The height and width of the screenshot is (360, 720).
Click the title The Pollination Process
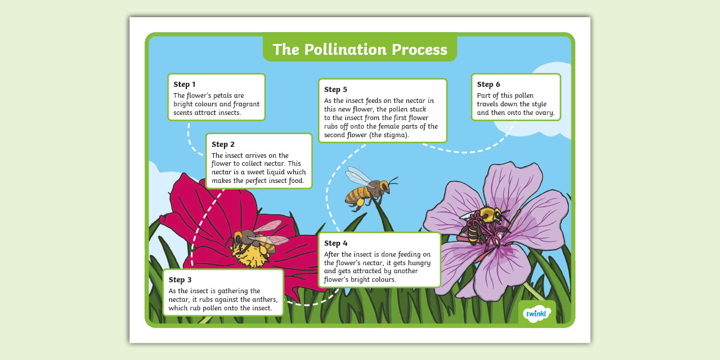(x=360, y=49)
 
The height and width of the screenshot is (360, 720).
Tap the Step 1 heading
(x=185, y=85)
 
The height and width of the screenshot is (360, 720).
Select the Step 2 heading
(x=223, y=144)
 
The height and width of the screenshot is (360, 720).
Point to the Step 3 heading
(x=180, y=279)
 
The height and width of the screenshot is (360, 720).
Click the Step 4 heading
(x=335, y=243)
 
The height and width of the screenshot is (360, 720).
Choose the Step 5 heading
(x=335, y=89)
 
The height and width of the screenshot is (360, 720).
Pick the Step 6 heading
(x=489, y=84)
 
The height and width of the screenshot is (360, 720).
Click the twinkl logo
(x=537, y=313)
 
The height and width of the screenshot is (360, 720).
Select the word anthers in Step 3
(x=264, y=299)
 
